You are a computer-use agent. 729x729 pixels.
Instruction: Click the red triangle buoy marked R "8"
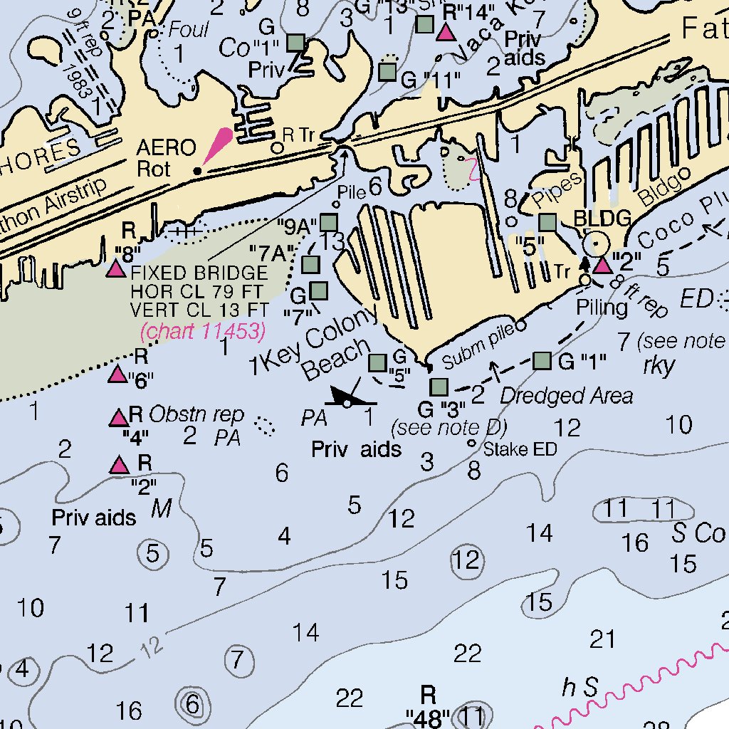click(x=115, y=268)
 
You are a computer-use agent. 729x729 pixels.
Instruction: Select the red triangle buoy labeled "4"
click(x=118, y=418)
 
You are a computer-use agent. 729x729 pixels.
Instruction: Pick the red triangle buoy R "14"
click(x=446, y=32)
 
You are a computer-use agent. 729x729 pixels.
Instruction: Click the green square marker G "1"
click(x=542, y=361)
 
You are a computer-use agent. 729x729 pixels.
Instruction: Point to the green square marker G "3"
click(x=439, y=387)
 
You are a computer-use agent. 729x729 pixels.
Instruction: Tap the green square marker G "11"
click(x=387, y=71)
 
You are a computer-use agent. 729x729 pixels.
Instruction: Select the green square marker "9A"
click(x=328, y=223)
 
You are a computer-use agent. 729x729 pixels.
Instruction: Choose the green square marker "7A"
click(x=311, y=265)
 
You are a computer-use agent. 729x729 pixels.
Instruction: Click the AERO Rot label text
click(x=166, y=158)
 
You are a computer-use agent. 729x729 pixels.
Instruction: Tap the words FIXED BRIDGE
click(x=199, y=273)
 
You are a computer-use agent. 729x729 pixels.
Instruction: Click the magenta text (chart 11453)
click(x=203, y=331)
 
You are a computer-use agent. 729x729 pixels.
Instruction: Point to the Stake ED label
click(x=520, y=449)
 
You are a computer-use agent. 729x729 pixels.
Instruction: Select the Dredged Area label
click(x=567, y=396)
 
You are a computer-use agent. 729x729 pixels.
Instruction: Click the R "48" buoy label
click(x=427, y=705)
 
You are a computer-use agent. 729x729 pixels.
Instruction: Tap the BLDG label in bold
click(x=602, y=219)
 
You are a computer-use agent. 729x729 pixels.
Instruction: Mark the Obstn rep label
click(x=196, y=414)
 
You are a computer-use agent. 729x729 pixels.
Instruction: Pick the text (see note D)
click(x=449, y=428)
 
